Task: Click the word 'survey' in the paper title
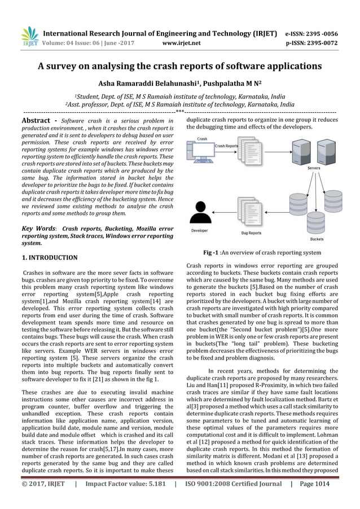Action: click(x=67, y=66)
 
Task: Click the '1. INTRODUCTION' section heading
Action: click(x=49, y=258)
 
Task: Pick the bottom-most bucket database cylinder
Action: click(x=317, y=224)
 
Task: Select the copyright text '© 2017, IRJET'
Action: click(x=43, y=498)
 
